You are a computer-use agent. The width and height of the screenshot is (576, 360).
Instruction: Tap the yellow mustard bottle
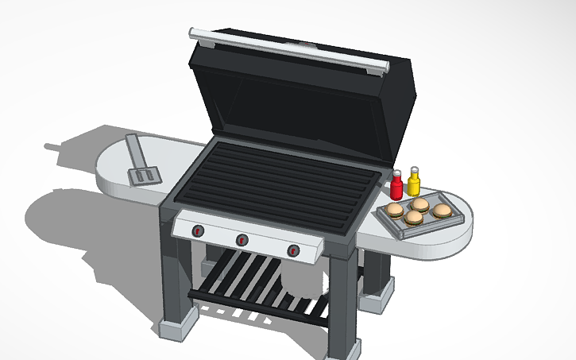tap(414, 185)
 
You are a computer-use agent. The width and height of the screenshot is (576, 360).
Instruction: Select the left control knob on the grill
tap(197, 231)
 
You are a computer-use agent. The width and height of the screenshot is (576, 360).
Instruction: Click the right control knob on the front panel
tap(295, 251)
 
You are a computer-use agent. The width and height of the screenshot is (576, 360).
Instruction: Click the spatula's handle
tap(133, 149)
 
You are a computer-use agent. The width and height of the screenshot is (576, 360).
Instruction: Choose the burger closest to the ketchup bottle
tap(395, 210)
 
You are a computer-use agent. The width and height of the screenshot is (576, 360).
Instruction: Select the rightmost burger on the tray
tap(443, 211)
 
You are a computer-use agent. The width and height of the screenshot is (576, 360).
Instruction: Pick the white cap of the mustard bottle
tap(414, 170)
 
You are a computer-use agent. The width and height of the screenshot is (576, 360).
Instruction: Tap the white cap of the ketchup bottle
tap(397, 173)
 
